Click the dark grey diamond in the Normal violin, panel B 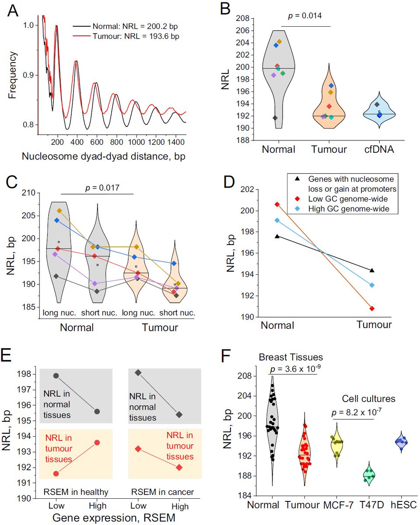click(x=275, y=118)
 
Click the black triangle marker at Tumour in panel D click(x=371, y=270)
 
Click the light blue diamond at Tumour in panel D click(x=371, y=285)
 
